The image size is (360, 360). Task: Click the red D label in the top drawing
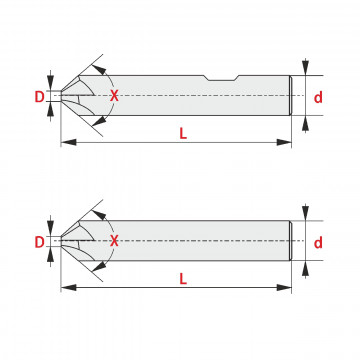click(x=39, y=97)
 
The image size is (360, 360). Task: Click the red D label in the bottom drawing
click(x=39, y=242)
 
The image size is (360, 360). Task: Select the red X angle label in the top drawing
click(x=114, y=96)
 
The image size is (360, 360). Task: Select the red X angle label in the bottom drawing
click(x=114, y=240)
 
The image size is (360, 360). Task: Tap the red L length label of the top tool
click(x=183, y=134)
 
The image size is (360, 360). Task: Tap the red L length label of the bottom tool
click(x=183, y=279)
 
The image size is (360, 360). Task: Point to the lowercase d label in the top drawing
click(x=318, y=97)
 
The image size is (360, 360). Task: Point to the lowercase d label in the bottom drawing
click(x=318, y=243)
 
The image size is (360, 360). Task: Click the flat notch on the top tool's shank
click(x=221, y=78)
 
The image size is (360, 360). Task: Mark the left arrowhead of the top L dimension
click(x=69, y=142)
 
